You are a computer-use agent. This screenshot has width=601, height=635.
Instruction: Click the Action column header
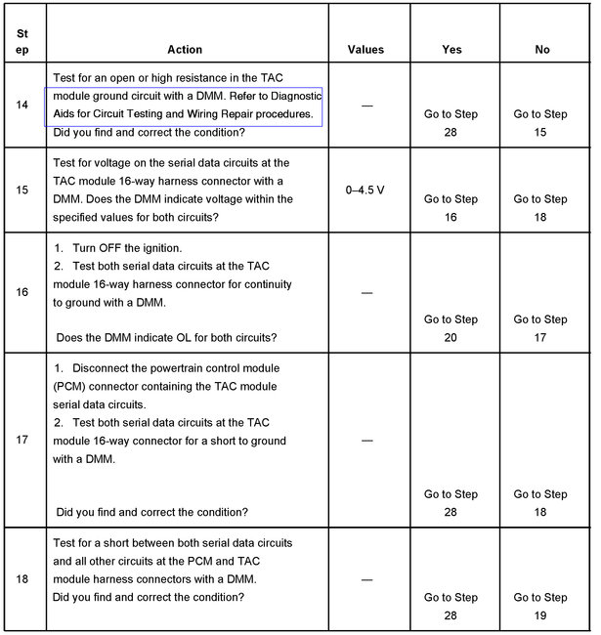[x=185, y=50]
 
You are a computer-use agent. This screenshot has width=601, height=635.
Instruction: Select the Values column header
[x=365, y=50]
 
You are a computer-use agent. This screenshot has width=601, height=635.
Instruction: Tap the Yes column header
[x=451, y=50]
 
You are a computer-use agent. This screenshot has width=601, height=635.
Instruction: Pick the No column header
[x=542, y=50]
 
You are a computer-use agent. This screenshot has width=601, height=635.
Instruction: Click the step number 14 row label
[x=21, y=105]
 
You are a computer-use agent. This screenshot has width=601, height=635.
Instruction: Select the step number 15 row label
[x=21, y=190]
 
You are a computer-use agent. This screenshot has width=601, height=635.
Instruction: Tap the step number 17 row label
[x=21, y=440]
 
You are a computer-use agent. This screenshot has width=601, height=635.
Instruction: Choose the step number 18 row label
[x=21, y=579]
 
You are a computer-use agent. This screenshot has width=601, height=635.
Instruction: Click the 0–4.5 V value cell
[x=365, y=190]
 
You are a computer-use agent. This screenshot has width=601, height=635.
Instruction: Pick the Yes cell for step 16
[x=451, y=328]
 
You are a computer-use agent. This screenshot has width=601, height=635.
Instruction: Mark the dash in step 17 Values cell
[x=365, y=441]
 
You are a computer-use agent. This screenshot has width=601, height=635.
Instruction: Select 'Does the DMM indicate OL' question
[x=167, y=337]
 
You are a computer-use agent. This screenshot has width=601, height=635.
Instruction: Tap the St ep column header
[x=21, y=39]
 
